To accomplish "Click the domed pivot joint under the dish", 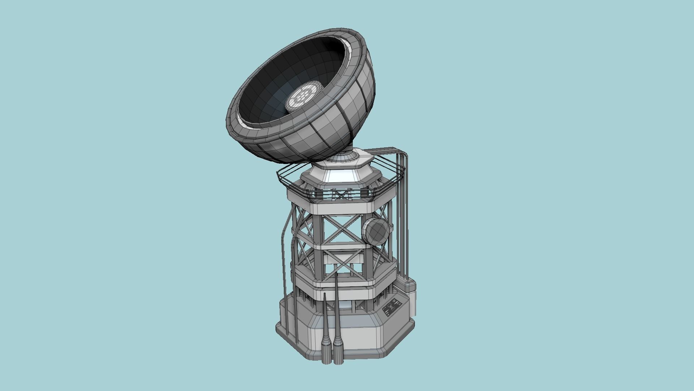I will point(342,157).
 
